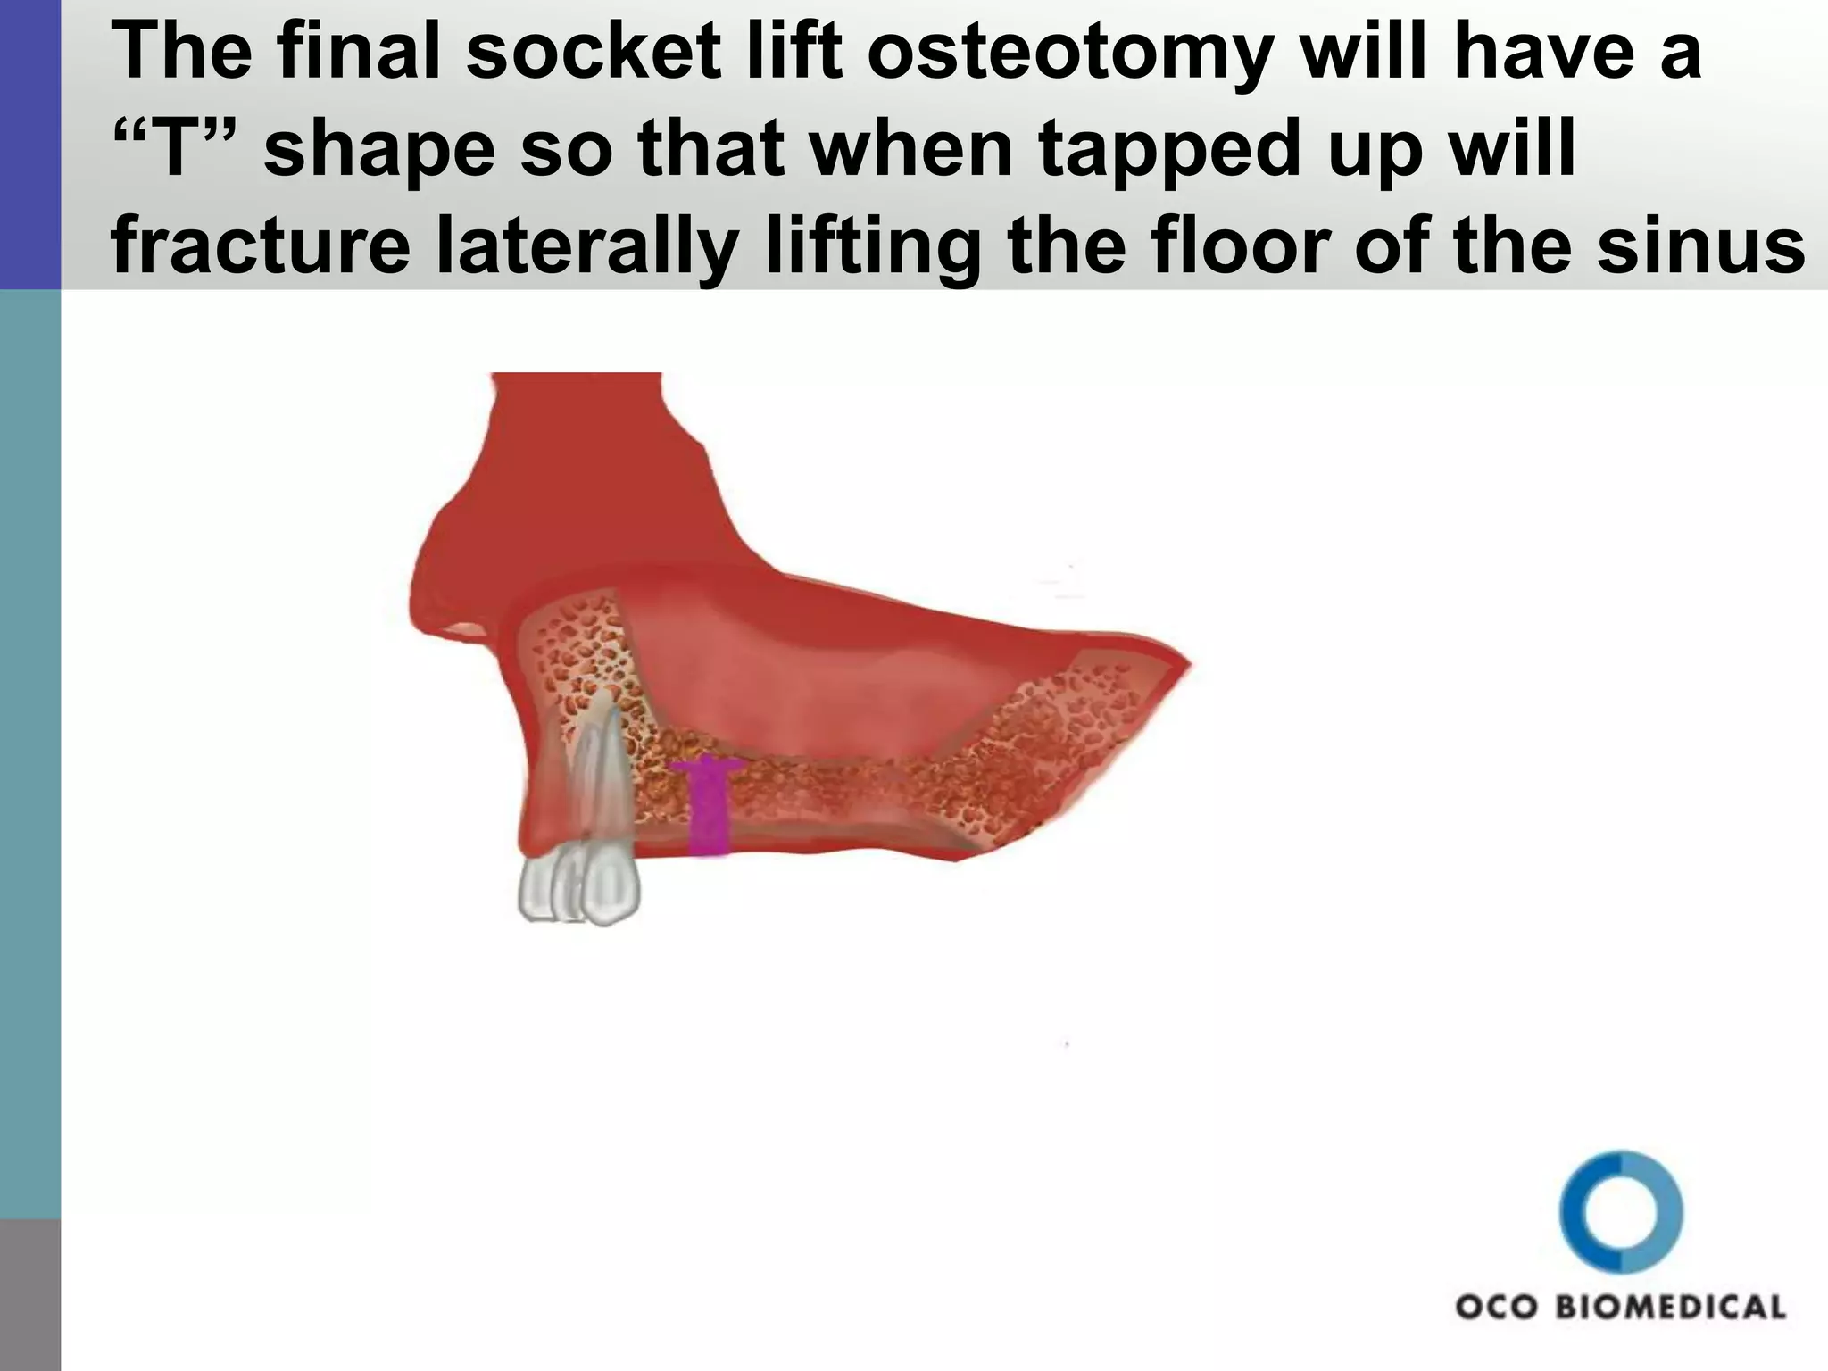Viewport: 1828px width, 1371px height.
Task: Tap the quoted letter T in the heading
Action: pos(165,150)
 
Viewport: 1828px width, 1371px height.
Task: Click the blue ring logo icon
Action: pos(1621,1211)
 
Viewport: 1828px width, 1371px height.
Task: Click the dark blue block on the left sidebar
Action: pos(30,143)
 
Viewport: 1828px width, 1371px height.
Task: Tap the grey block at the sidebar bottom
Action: pos(30,1294)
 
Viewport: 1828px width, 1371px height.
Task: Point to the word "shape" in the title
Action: pos(379,150)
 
